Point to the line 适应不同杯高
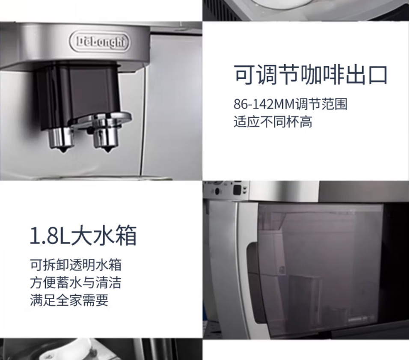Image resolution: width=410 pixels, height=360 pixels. point(273,122)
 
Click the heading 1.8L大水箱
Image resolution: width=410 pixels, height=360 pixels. point(83,237)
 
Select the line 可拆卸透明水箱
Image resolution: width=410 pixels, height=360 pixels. point(75,265)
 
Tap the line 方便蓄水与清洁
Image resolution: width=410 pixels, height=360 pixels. point(75,283)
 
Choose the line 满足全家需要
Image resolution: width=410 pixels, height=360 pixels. point(69,300)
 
